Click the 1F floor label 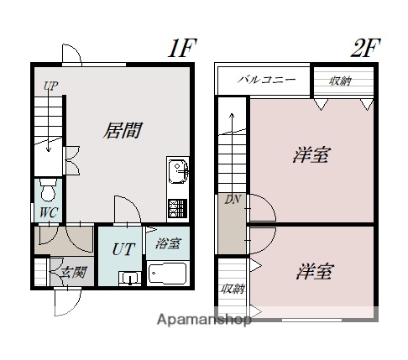[180, 48]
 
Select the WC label [47, 212]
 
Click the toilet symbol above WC [48, 185]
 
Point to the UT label [122, 249]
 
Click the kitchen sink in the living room [177, 172]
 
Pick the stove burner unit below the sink [178, 206]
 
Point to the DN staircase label [232, 199]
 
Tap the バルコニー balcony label [265, 81]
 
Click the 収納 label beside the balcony [340, 81]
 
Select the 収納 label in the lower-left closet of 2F [233, 289]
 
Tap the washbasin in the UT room [128, 277]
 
